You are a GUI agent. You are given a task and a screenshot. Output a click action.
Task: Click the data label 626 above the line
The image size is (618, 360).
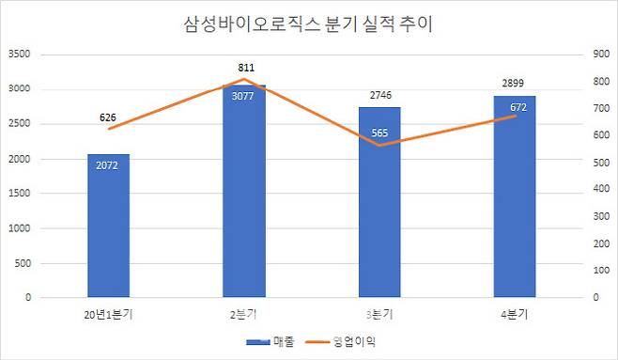[x=110, y=118]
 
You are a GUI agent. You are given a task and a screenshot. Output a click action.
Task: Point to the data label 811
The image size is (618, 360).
[x=243, y=68]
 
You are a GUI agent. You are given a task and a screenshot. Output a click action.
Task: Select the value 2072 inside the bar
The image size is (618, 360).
[x=107, y=165]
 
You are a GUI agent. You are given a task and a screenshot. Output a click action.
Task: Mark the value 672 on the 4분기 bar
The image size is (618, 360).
[x=516, y=106]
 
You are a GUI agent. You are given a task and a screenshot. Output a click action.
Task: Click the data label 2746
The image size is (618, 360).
[x=379, y=96]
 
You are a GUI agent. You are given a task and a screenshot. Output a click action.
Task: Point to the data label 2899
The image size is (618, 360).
[x=515, y=84]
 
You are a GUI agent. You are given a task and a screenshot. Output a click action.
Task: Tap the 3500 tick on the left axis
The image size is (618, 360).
[x=20, y=55]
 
